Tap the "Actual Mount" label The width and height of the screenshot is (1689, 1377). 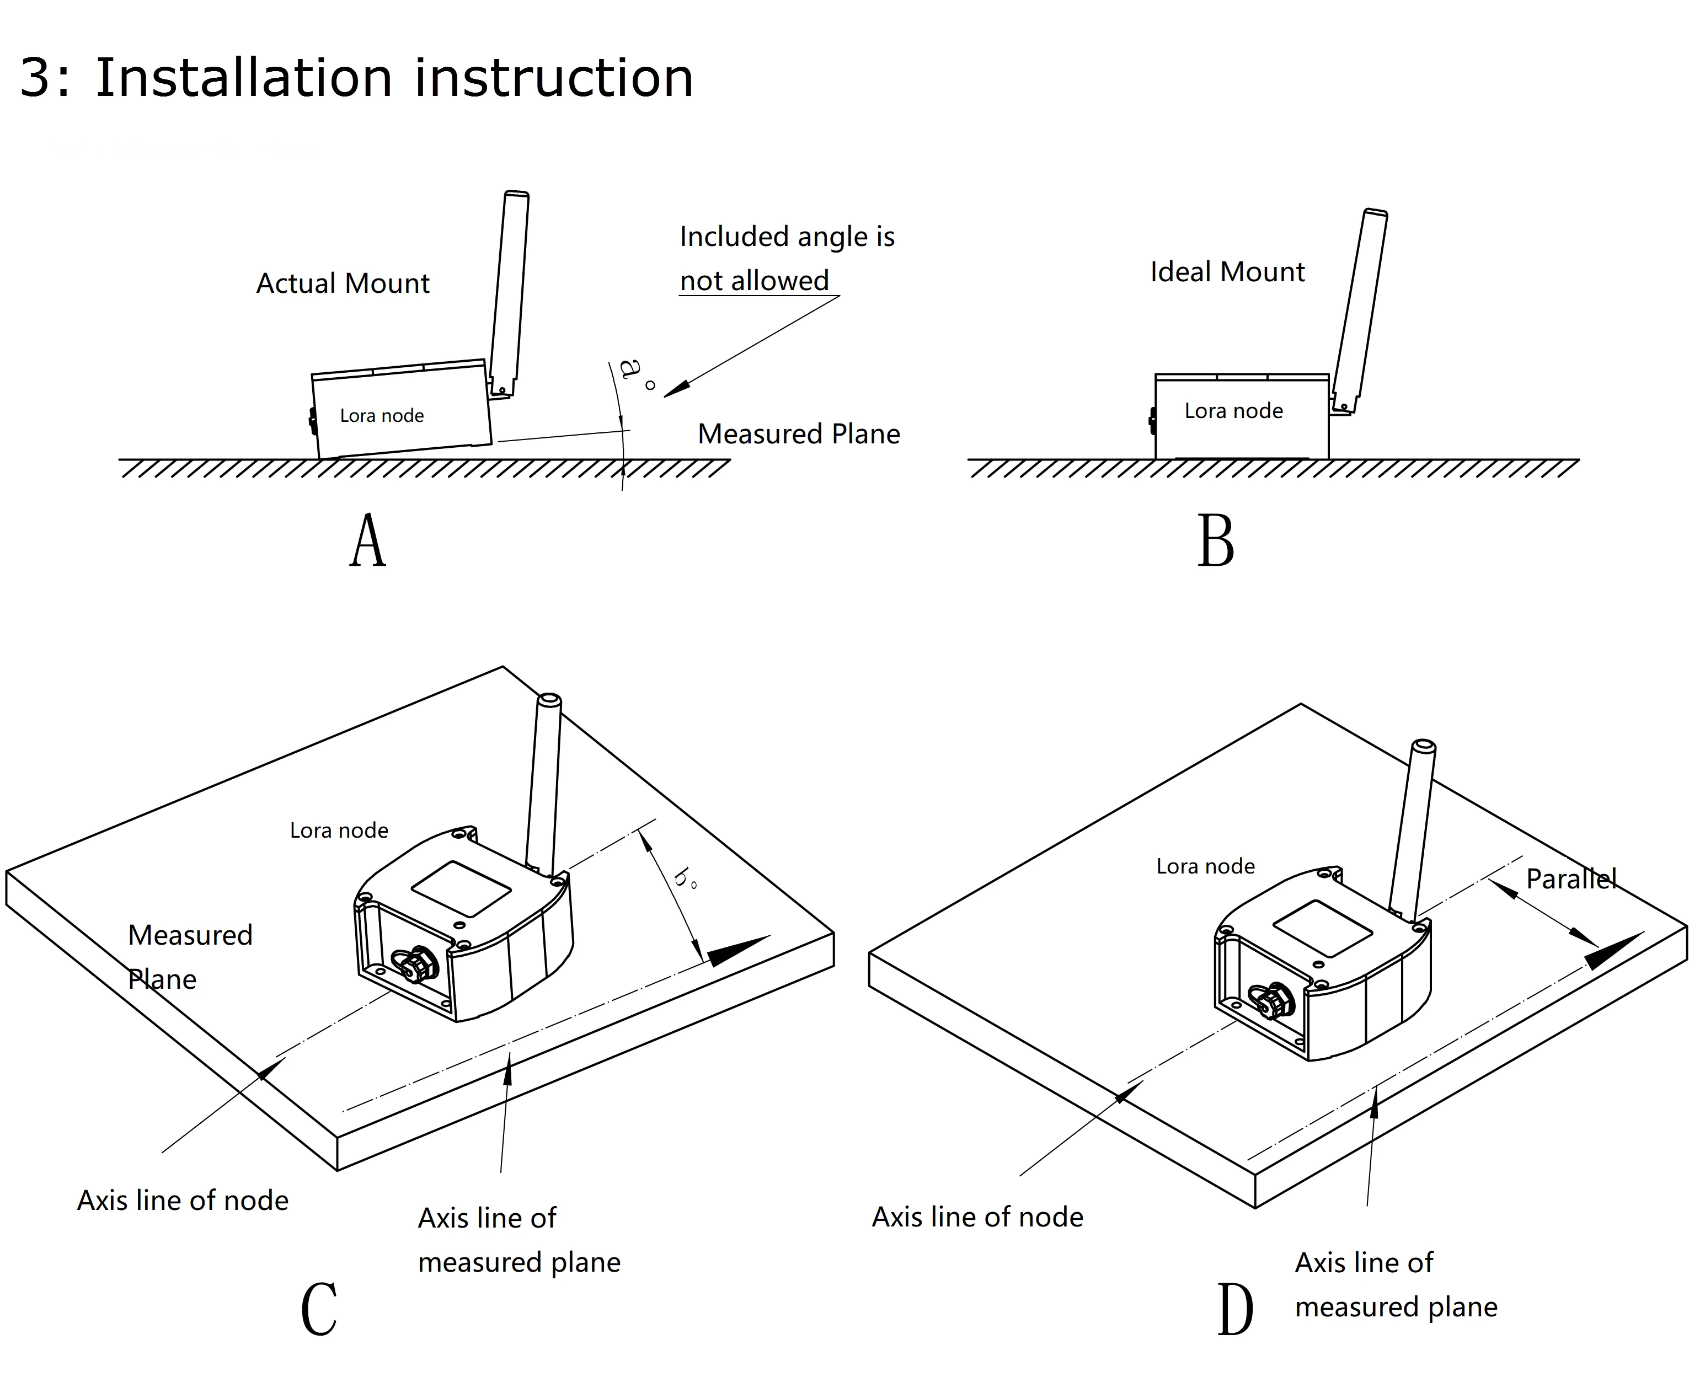click(343, 283)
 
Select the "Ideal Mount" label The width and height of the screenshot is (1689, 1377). click(1227, 272)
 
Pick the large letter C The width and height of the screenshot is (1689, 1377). click(319, 1310)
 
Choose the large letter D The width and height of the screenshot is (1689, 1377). click(1234, 1310)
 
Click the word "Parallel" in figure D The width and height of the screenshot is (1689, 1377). click(1571, 879)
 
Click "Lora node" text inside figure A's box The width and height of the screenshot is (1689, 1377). click(382, 416)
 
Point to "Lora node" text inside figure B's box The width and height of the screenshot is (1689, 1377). click(1233, 411)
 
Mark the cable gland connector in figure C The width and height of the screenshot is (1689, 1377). click(418, 965)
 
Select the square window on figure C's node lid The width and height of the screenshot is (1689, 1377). click(461, 888)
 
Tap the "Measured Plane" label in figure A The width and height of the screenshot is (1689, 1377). click(798, 434)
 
